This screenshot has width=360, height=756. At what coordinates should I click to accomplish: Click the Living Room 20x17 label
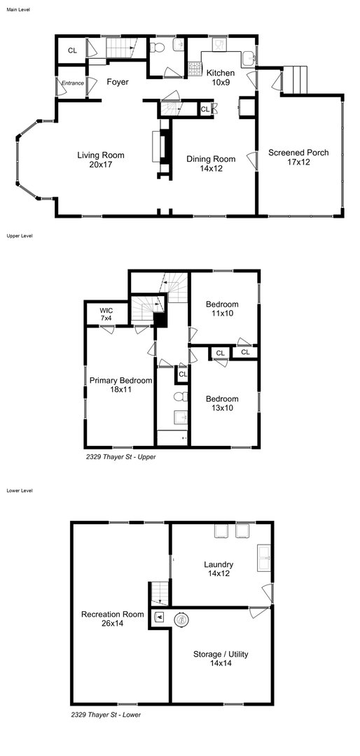101,160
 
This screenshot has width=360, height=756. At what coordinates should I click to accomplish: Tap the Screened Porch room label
298,157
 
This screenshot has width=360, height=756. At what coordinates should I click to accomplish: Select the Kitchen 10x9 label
221,77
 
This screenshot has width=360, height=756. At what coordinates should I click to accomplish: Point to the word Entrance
72,83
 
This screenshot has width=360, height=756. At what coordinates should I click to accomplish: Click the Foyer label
117,82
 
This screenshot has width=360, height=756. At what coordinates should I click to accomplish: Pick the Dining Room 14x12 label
211,163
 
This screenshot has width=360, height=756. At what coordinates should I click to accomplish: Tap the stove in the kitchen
195,69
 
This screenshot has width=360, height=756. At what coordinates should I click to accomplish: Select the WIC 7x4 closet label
106,314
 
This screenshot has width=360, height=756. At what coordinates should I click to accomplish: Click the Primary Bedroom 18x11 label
120,384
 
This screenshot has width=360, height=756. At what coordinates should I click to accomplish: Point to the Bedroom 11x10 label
222,309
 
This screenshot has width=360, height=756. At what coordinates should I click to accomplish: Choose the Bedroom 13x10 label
222,403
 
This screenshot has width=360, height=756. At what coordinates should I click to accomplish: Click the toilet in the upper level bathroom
180,397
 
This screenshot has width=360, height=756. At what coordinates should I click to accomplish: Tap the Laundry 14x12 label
219,569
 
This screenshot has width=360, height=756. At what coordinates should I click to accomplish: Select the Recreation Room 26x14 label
113,619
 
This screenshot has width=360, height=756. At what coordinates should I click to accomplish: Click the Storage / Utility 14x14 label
221,659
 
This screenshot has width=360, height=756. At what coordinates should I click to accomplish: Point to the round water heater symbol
182,620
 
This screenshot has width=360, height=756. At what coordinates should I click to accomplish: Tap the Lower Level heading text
20,490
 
